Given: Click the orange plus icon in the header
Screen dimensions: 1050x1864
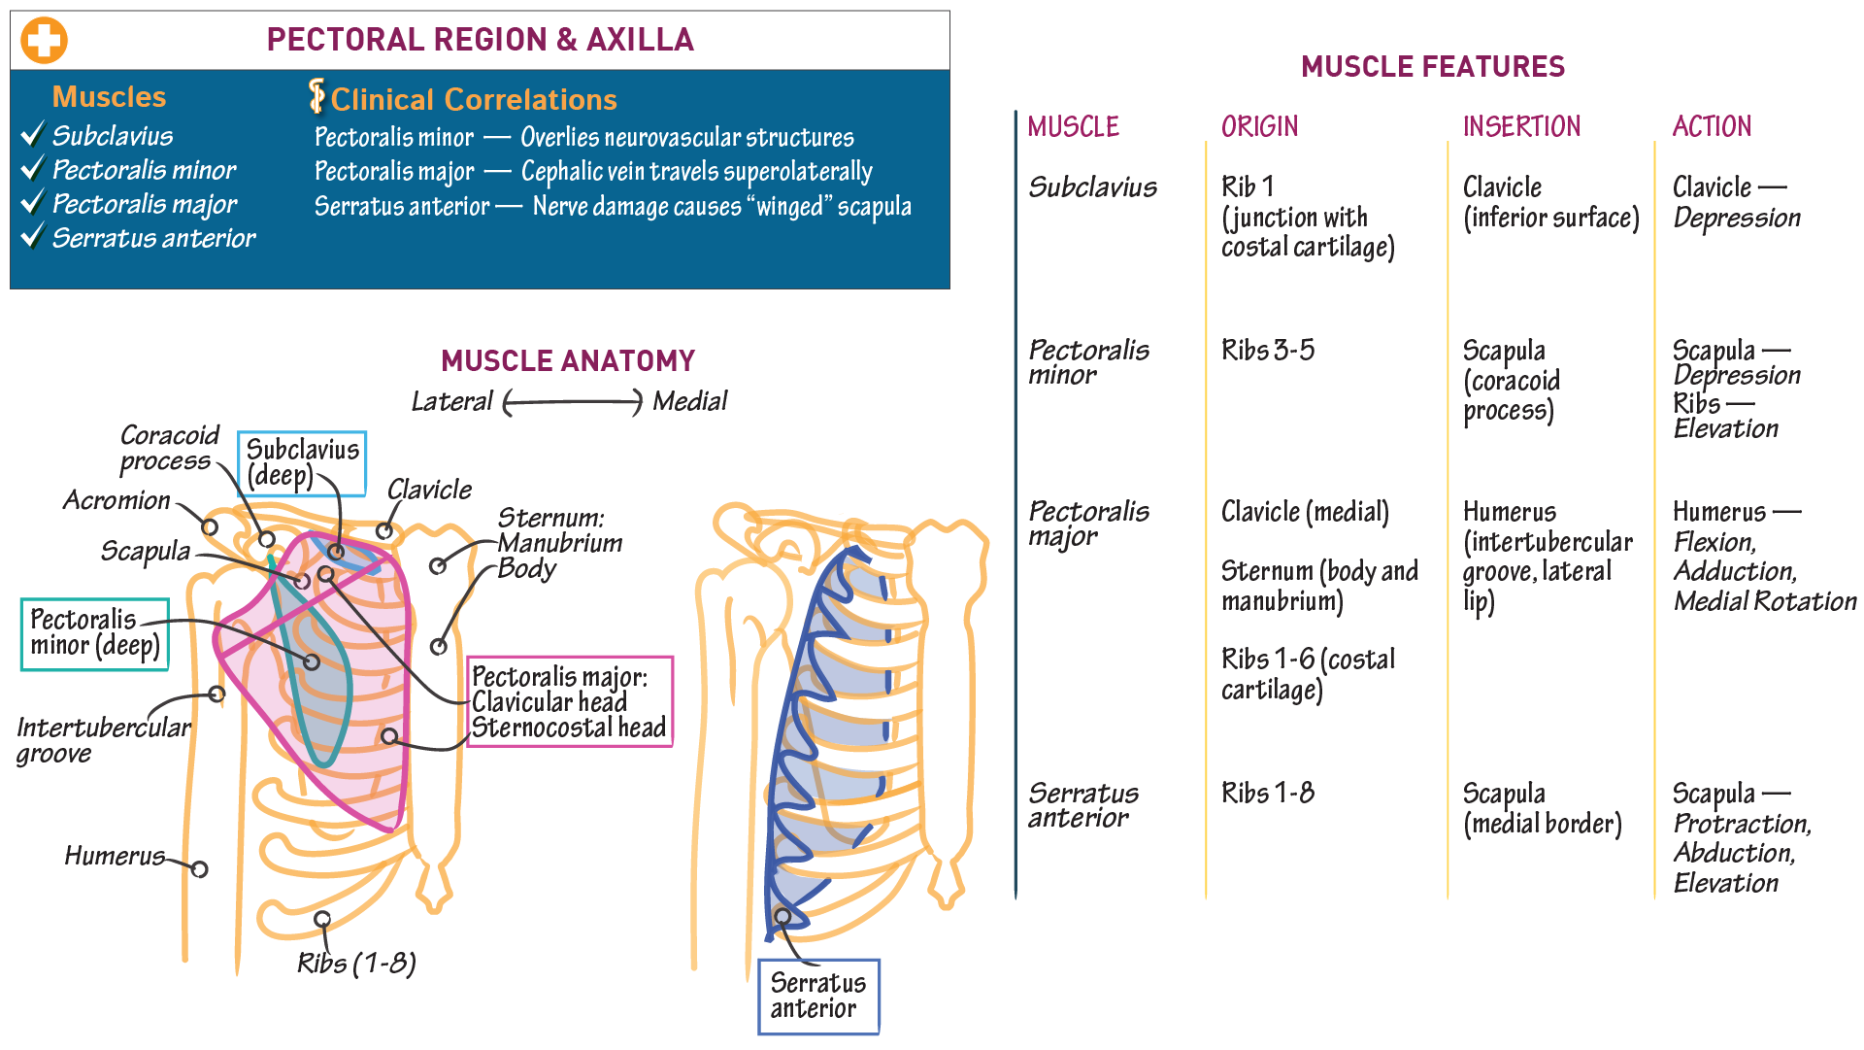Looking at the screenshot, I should tap(44, 41).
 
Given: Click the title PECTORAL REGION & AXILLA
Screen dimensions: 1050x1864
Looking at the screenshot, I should tap(480, 40).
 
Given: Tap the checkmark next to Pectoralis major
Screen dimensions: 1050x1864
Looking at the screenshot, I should tap(33, 202).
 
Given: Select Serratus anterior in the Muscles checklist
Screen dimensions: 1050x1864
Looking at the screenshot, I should tap(153, 238).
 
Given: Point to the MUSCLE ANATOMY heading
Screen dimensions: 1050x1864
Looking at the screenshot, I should tap(568, 361).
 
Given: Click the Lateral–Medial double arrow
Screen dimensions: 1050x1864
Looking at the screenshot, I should tap(573, 402).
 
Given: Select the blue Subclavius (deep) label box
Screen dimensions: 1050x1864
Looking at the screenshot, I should tap(302, 463).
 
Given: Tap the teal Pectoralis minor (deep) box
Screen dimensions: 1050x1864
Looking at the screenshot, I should tap(95, 633).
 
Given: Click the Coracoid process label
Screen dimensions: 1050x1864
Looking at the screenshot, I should tap(168, 448).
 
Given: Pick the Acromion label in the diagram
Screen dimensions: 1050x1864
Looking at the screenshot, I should tap(116, 500).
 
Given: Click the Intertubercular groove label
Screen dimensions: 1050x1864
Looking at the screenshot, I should tap(102, 740).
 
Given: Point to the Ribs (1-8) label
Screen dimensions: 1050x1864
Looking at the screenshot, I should tap(356, 963).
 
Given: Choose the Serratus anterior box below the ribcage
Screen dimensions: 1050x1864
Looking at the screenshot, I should tap(817, 996).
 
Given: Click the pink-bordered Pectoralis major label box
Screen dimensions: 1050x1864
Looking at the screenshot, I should tap(569, 702).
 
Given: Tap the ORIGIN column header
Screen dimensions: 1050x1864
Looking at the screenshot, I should tap(1259, 127).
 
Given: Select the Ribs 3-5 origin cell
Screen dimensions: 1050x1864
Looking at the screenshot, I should tap(1267, 351).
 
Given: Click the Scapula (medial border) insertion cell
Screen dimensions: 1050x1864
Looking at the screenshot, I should tap(1541, 809).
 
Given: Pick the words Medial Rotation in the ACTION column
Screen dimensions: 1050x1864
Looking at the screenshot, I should tap(1764, 602).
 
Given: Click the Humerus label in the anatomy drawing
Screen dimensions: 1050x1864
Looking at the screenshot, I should tap(115, 856).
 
